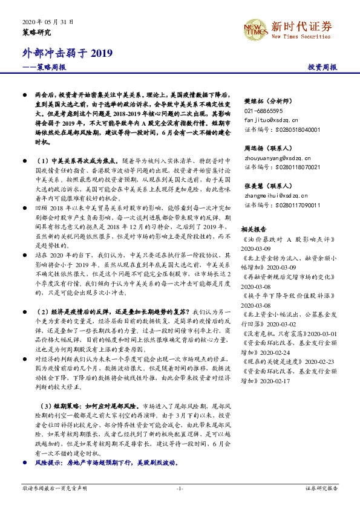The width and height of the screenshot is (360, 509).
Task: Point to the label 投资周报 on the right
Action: click(x=322, y=68)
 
